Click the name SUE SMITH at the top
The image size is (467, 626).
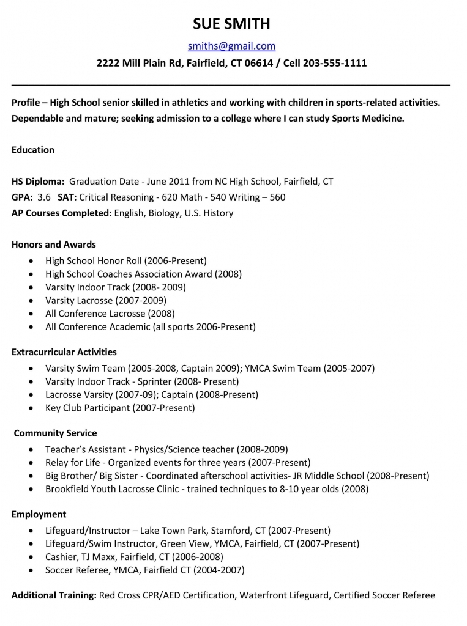tap(231, 24)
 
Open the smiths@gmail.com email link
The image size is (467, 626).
tap(231, 46)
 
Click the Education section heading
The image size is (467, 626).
tap(33, 150)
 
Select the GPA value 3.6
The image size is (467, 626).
tap(44, 197)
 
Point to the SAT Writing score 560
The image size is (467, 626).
tap(277, 197)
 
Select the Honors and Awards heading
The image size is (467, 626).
tap(54, 245)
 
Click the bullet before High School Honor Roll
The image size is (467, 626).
tap(31, 261)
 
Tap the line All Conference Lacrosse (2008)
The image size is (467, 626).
tap(110, 314)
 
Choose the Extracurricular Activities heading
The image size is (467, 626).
tap(64, 352)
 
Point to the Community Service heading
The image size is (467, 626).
tap(55, 433)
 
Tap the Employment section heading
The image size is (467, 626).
tap(39, 515)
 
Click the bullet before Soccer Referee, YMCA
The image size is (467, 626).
tap(31, 570)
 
